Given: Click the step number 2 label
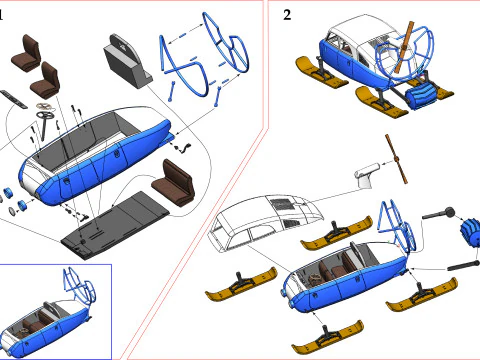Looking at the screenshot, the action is click(287, 15).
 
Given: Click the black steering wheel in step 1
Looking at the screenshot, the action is click(46, 116).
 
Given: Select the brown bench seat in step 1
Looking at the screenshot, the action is click(173, 183).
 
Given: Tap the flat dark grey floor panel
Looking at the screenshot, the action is click(115, 225).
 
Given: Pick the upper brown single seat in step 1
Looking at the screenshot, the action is click(27, 53).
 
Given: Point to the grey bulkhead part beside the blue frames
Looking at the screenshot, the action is click(128, 62).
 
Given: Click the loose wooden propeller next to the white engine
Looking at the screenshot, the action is click(396, 159).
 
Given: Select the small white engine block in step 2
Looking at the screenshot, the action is click(367, 174).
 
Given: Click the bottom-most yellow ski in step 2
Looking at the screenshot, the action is click(327, 337).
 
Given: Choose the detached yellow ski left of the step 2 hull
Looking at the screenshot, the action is click(241, 283).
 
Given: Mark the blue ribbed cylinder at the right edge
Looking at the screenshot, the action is click(470, 232).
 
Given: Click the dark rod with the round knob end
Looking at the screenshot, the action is click(438, 213).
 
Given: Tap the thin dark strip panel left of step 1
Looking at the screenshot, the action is click(13, 99).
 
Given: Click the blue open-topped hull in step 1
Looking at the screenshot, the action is click(95, 157).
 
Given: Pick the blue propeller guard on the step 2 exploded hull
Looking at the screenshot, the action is click(397, 226).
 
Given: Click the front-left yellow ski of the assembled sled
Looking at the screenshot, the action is click(321, 73).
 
